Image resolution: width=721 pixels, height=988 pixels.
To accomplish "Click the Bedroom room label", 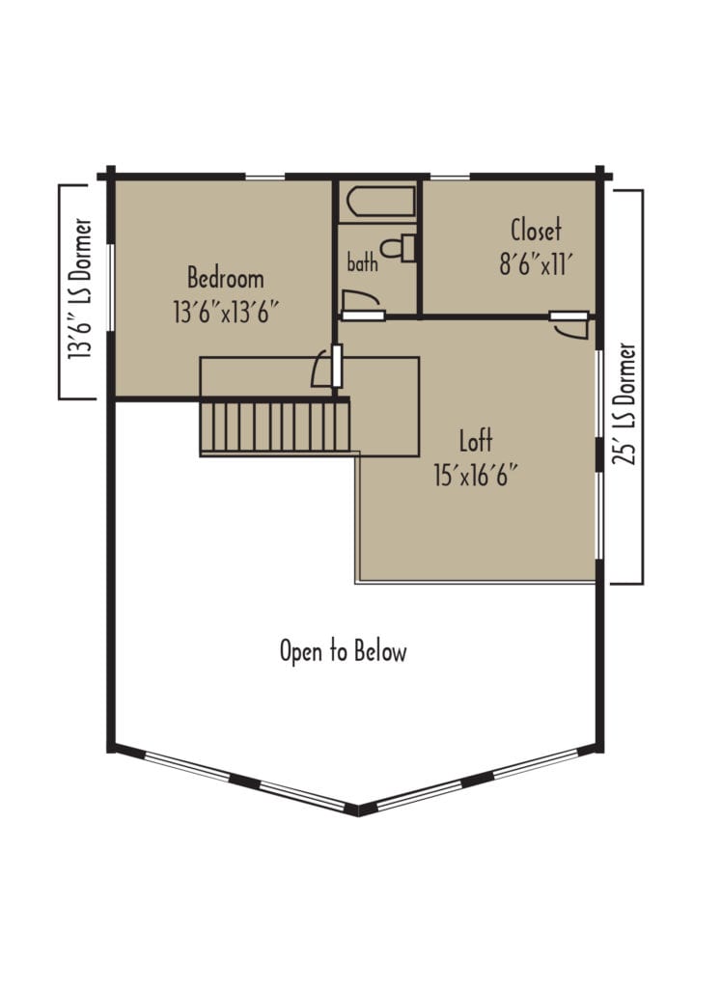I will (x=225, y=279).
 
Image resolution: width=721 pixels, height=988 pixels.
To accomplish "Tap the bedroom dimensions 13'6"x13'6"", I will (x=225, y=311).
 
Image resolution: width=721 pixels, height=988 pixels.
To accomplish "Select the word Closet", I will (x=536, y=231).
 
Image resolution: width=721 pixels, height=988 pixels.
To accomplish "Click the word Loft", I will (x=475, y=442).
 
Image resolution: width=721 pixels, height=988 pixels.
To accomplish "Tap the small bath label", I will (x=362, y=261).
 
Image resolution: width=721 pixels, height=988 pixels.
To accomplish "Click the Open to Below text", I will (x=343, y=651).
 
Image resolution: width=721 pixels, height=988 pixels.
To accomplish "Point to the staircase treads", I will (x=275, y=426).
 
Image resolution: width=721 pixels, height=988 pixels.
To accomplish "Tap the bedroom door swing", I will (x=321, y=370).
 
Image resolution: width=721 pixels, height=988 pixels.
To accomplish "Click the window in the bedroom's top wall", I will (x=265, y=177).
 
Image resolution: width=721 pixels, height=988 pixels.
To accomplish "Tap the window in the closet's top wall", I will (x=449, y=177).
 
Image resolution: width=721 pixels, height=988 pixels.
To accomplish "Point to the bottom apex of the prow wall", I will (x=359, y=809).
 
